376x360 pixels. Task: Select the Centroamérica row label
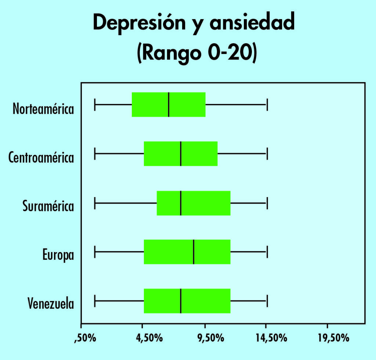coord(41,158)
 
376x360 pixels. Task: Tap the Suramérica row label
coord(48,206)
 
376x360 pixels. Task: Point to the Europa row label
coord(58,255)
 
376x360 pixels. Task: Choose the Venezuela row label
coord(51,304)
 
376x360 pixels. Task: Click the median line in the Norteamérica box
coord(169,105)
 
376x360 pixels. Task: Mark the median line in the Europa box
coord(194,252)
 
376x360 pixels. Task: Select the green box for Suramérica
coord(194,203)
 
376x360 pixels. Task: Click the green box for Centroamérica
coord(181,153)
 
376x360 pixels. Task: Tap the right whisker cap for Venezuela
coord(267,301)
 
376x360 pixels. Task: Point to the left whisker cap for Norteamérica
coord(95,105)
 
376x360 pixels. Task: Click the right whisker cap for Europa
coord(267,252)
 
